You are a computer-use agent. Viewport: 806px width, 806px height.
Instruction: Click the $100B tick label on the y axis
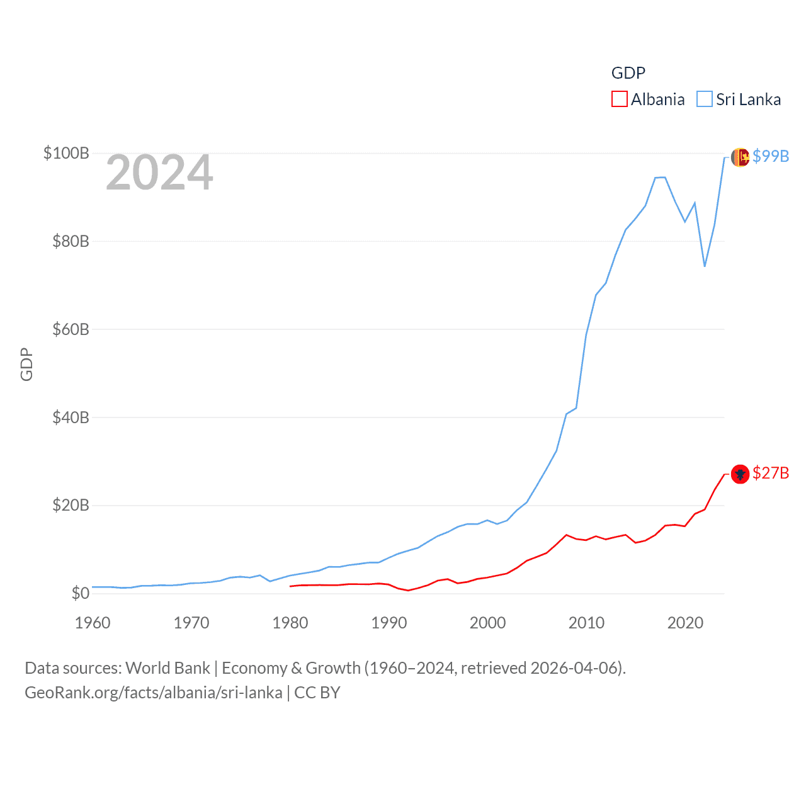pos(66,153)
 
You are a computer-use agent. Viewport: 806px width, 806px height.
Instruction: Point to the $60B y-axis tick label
pos(71,329)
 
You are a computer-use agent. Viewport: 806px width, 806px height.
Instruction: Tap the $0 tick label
pos(80,593)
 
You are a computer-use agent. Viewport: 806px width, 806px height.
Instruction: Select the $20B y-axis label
pos(71,505)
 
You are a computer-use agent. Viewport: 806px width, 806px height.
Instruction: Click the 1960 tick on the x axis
pos(93,623)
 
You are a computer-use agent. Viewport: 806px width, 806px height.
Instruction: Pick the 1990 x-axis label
pos(389,623)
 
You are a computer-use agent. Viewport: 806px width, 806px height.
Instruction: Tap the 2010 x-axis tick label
pos(586,623)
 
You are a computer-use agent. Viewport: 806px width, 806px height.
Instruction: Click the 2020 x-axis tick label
pos(685,623)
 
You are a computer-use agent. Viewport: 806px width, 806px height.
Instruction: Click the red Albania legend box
pos(620,99)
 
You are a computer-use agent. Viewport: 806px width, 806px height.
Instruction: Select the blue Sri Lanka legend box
pos(705,99)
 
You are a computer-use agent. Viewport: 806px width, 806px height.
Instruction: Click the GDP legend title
pos(628,73)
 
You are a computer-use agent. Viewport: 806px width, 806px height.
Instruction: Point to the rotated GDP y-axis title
pos(26,364)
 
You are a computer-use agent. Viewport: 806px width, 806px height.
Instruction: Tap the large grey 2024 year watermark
pos(159,173)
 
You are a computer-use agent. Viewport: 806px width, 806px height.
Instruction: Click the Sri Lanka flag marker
pos(740,157)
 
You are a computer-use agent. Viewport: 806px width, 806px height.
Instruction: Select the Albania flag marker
pos(740,474)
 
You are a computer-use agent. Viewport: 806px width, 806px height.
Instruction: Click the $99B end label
pos(771,156)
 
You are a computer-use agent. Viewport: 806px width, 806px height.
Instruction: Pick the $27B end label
pos(771,473)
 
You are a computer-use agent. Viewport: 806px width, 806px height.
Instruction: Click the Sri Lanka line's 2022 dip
pos(705,266)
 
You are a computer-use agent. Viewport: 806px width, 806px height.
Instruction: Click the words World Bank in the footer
pos(168,667)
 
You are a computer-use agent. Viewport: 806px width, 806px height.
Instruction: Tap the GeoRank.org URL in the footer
pos(154,693)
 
